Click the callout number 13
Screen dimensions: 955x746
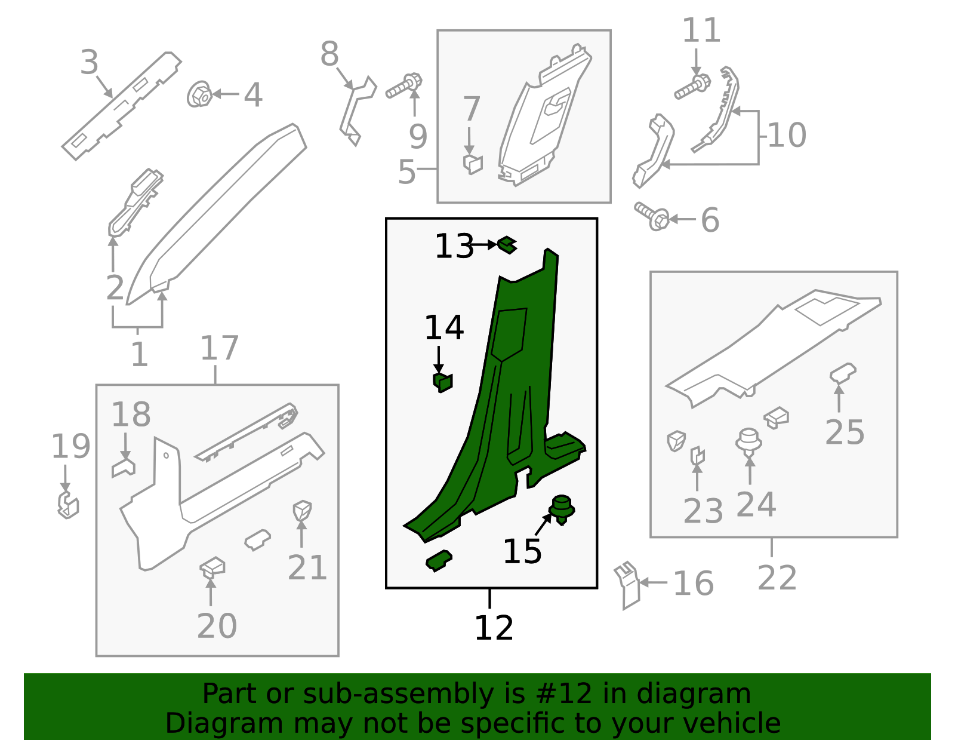(454, 246)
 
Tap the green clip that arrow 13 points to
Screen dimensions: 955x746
(507, 244)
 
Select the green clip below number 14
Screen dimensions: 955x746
(442, 383)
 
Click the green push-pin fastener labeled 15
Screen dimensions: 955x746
(562, 509)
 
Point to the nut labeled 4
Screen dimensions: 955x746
(199, 94)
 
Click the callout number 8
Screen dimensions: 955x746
(329, 54)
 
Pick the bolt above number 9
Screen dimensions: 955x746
(404, 86)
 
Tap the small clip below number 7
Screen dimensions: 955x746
(473, 164)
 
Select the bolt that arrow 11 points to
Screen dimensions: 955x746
(692, 87)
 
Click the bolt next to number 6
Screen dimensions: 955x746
(652, 216)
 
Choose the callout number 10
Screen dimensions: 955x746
(787, 135)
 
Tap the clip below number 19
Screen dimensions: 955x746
(68, 505)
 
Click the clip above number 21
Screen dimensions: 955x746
(302, 511)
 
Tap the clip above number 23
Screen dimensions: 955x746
(697, 456)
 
